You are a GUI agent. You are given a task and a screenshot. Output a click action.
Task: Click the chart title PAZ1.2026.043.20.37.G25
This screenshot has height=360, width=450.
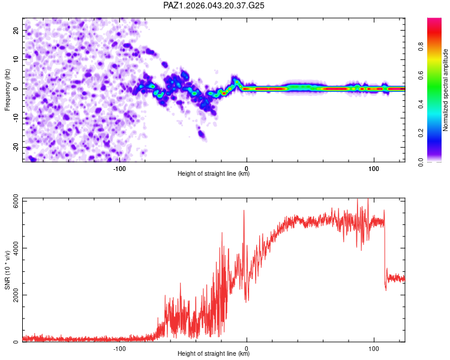point(214,5)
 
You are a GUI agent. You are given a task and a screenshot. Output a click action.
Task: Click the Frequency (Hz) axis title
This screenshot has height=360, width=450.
point(7,89)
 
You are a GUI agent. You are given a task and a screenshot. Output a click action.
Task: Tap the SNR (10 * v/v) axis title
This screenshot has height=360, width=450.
point(7,271)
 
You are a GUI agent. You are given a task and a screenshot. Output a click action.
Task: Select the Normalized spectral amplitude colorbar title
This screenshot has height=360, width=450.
point(446,90)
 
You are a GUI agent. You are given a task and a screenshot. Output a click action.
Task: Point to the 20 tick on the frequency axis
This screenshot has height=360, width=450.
point(16,30)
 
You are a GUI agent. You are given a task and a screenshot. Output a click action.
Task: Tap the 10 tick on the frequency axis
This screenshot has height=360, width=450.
point(16,59)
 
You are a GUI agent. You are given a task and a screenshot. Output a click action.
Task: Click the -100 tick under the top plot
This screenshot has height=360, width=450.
point(119,168)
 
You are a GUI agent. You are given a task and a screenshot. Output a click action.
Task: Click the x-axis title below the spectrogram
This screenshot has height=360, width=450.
point(214,174)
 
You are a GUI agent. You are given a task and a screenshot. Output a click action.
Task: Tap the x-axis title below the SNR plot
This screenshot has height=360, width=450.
point(214,354)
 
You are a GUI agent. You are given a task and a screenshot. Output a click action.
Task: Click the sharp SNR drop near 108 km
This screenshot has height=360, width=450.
point(385,252)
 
